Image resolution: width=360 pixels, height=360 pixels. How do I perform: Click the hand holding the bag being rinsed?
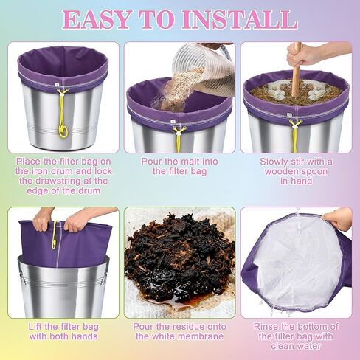(x=339, y=218)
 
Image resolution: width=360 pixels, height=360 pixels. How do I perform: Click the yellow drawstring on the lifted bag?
(x=53, y=235)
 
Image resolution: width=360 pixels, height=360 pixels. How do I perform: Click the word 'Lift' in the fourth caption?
(x=30, y=326)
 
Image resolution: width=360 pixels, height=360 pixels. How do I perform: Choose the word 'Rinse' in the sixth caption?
(x=267, y=326)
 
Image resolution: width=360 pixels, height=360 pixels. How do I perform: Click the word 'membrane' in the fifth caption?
(x=202, y=336)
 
